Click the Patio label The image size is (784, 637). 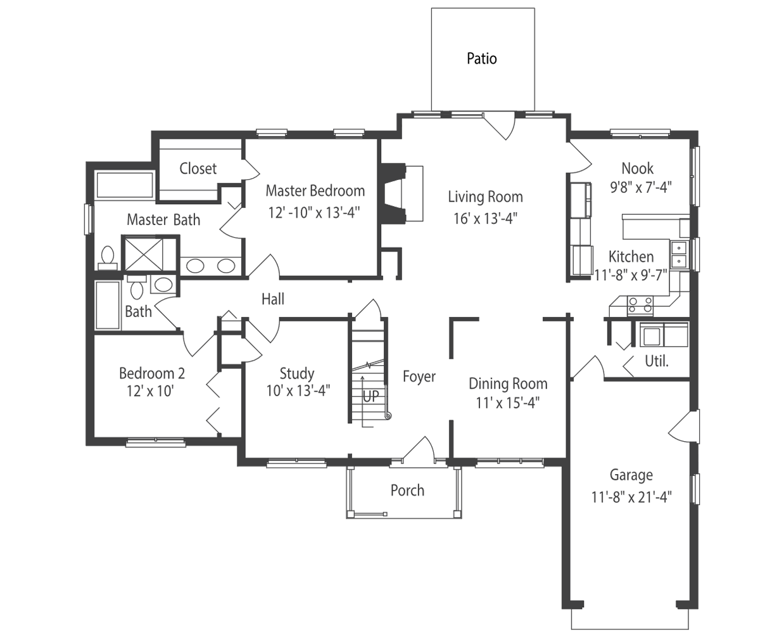pos(481,58)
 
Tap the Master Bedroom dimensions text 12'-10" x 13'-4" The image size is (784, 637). pos(314,212)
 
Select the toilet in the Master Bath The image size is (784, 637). pos(108,257)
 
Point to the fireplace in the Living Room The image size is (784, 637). pos(401,193)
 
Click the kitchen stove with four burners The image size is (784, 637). pos(640,305)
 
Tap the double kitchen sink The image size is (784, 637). pos(679,255)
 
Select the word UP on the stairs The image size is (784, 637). pos(370,396)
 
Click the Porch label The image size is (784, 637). pos(407,491)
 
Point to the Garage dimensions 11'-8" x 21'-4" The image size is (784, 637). pos(631,498)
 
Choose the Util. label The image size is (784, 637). pos(657,361)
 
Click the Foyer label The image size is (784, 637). pos(419,376)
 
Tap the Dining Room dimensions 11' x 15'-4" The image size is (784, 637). pos(508,403)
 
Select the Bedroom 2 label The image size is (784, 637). pos(151,373)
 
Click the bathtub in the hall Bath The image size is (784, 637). pos(108,305)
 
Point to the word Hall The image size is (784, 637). pos(273,299)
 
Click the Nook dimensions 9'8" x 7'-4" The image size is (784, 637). pos(641,187)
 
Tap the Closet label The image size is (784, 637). pos(198,169)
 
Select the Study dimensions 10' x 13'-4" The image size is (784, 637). pos(298,390)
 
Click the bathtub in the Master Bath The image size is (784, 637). pos(125,185)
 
